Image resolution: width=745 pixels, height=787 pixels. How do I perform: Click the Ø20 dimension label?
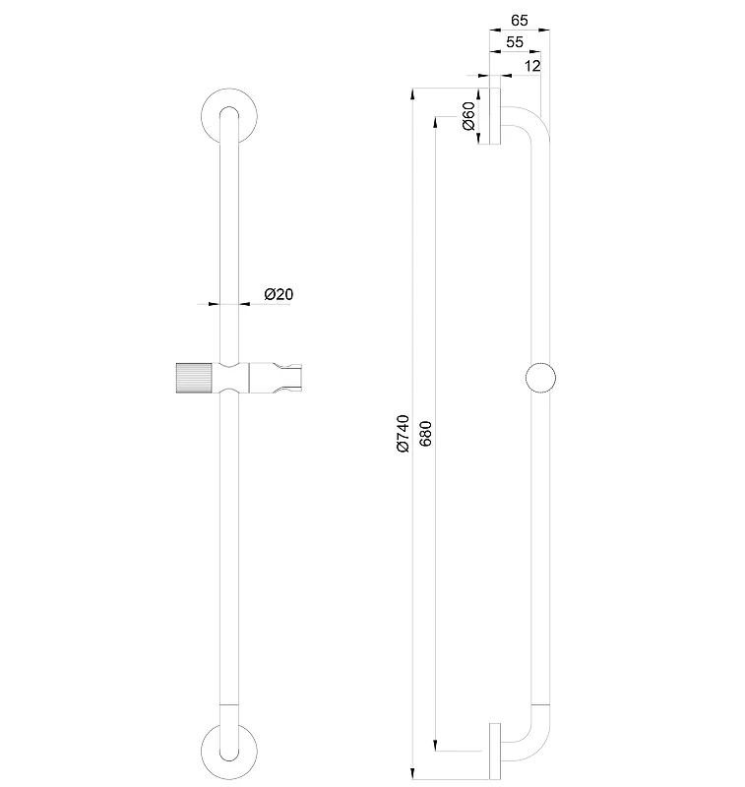click(279, 293)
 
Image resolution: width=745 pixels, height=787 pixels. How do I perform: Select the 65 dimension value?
click(519, 20)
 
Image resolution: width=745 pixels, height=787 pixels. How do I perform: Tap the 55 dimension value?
click(515, 42)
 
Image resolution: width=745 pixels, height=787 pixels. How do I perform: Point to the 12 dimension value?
click(532, 66)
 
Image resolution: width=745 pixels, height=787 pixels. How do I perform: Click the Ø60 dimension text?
click(468, 116)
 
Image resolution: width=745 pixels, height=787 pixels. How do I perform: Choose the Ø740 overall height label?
click(404, 434)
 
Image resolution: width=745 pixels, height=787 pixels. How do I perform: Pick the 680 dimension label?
click(425, 434)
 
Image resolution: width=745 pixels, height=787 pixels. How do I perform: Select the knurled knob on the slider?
click(195, 378)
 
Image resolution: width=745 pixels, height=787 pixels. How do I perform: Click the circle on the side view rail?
click(540, 378)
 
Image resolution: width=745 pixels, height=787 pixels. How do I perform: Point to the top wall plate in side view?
click(495, 116)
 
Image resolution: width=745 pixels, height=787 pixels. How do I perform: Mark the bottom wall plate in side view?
click(495, 752)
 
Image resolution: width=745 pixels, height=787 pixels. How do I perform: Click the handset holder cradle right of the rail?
click(276, 378)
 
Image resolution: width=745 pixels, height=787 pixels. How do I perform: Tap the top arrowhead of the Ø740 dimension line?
click(412, 93)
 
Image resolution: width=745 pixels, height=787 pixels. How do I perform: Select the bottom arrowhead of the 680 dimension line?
click(435, 746)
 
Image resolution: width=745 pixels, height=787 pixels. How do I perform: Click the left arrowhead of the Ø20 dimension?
click(214, 304)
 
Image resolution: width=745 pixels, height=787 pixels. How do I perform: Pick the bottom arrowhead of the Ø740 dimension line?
click(412, 773)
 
